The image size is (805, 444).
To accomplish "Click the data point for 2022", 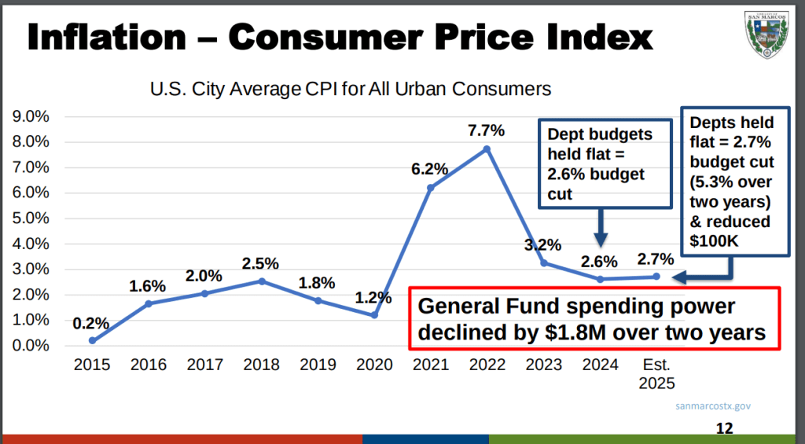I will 487,149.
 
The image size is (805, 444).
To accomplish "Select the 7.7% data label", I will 487,130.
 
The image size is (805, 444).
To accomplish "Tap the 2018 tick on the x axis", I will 262,365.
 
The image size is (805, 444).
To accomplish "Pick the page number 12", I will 724,429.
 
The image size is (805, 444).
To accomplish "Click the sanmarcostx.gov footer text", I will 714,406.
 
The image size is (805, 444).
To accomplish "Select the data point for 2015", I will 93,340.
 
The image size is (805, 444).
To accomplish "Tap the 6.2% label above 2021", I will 430,168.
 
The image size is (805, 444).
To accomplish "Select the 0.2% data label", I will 91,323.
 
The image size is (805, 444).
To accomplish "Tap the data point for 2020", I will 374,315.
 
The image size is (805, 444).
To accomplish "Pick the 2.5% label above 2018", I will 261,262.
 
